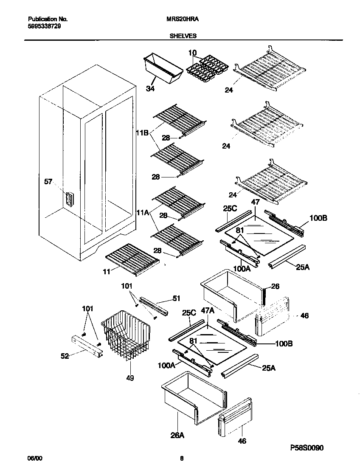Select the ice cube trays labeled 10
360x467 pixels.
tap(206, 68)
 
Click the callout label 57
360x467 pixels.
tap(49, 182)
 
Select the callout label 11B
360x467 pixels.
tap(142, 133)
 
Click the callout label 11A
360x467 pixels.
tap(142, 213)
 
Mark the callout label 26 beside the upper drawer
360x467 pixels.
tap(275, 287)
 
